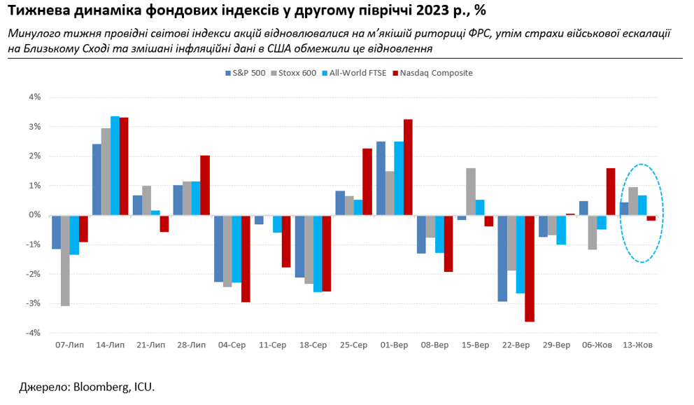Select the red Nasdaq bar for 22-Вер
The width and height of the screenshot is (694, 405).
click(530, 268)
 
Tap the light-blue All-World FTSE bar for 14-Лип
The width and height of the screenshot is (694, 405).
click(115, 165)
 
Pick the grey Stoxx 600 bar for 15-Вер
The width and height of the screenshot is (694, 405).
click(471, 191)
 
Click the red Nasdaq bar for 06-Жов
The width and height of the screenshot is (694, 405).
click(611, 191)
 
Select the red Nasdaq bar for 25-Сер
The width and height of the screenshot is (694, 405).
click(367, 181)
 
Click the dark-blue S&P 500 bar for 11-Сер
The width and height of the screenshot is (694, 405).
click(259, 219)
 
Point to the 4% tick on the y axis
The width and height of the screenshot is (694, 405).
click(35, 97)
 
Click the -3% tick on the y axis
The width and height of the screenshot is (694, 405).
click(34, 303)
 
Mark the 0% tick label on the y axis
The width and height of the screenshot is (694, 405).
click(35, 215)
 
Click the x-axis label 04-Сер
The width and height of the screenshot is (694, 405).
click(232, 345)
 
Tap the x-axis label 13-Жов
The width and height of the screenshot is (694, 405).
click(637, 345)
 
